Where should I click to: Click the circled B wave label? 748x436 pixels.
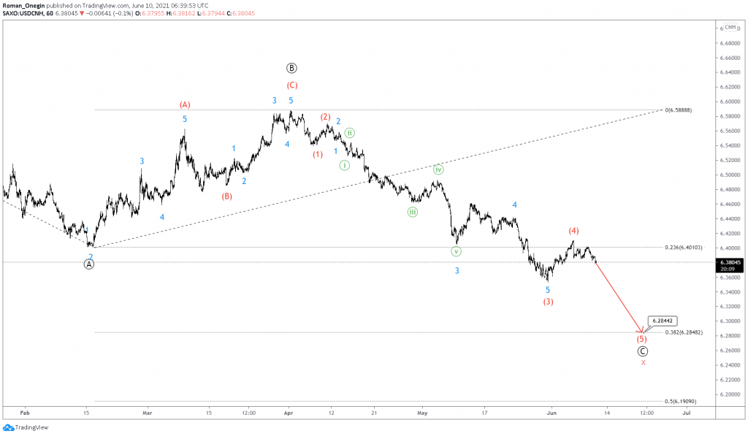coord(291,69)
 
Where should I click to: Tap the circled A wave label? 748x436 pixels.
coord(89,264)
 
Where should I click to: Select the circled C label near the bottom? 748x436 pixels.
coord(643,351)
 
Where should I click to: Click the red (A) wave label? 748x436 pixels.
coord(185,105)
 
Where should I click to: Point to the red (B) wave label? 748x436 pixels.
coord(227,196)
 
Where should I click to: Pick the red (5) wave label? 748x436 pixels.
coord(641,340)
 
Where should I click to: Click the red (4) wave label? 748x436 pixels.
coord(574,232)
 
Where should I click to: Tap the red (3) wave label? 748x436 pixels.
coord(548,302)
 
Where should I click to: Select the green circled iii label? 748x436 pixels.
coord(413,212)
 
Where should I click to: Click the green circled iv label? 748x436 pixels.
coord(438,169)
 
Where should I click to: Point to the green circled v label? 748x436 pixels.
coord(457,251)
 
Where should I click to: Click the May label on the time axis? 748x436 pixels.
coord(421,413)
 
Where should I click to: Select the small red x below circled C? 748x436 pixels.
coord(643,362)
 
